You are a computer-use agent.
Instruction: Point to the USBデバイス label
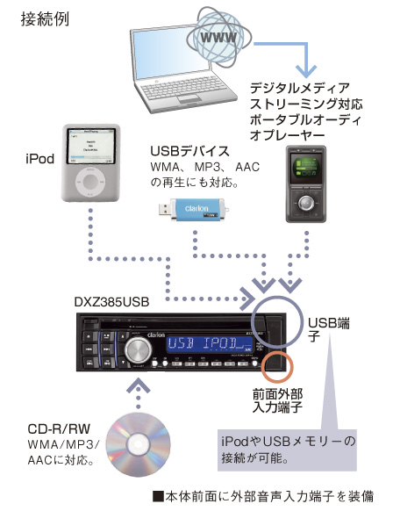(x=189, y=151)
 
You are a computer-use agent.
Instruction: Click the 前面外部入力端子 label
(x=281, y=401)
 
